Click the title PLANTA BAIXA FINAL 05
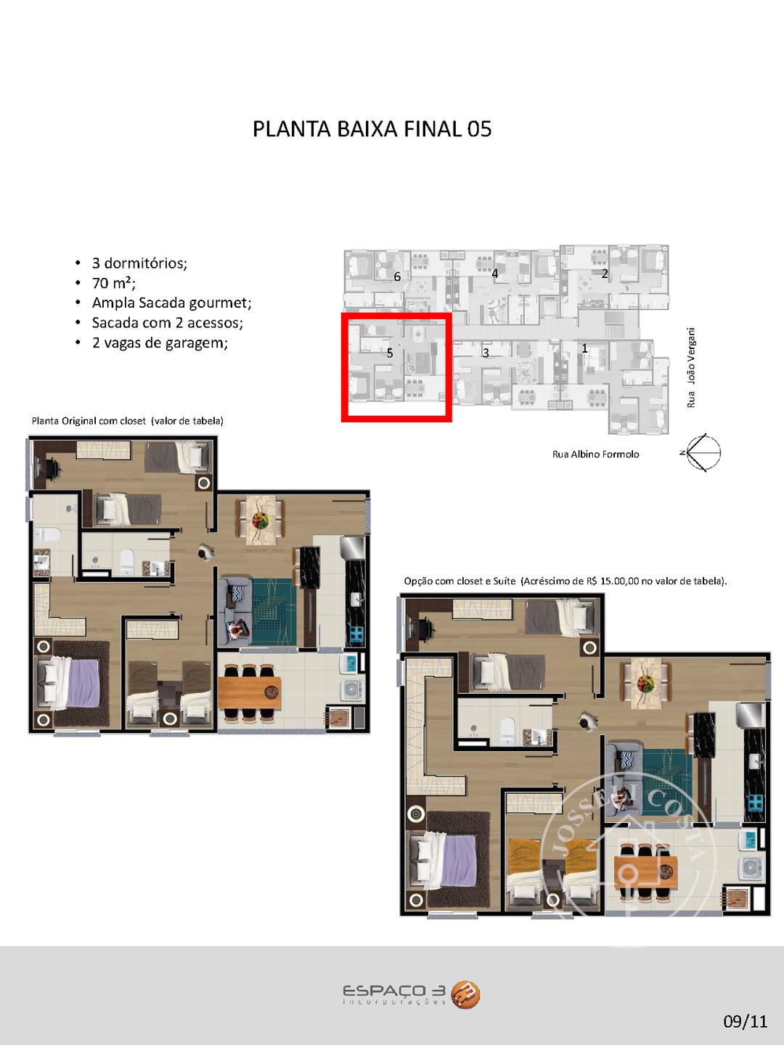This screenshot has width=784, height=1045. [372, 129]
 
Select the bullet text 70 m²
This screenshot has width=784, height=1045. [113, 283]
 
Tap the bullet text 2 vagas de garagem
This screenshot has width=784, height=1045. [160, 343]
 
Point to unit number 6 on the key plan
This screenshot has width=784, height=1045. [397, 276]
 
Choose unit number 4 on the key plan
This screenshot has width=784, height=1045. [494, 274]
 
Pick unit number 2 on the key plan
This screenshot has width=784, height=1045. [605, 274]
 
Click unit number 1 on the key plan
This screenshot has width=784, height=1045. [584, 348]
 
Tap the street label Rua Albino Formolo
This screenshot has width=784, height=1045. [595, 454]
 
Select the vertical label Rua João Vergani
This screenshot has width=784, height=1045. [691, 367]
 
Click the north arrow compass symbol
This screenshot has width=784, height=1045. [702, 452]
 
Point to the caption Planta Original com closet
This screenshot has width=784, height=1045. [89, 421]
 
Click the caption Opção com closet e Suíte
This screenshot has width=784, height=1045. [460, 581]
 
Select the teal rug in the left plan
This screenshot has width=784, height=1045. [273, 612]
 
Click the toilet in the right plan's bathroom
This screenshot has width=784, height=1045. [507, 729]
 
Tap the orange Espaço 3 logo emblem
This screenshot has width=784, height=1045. [465, 995]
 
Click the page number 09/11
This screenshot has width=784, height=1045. [746, 1021]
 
